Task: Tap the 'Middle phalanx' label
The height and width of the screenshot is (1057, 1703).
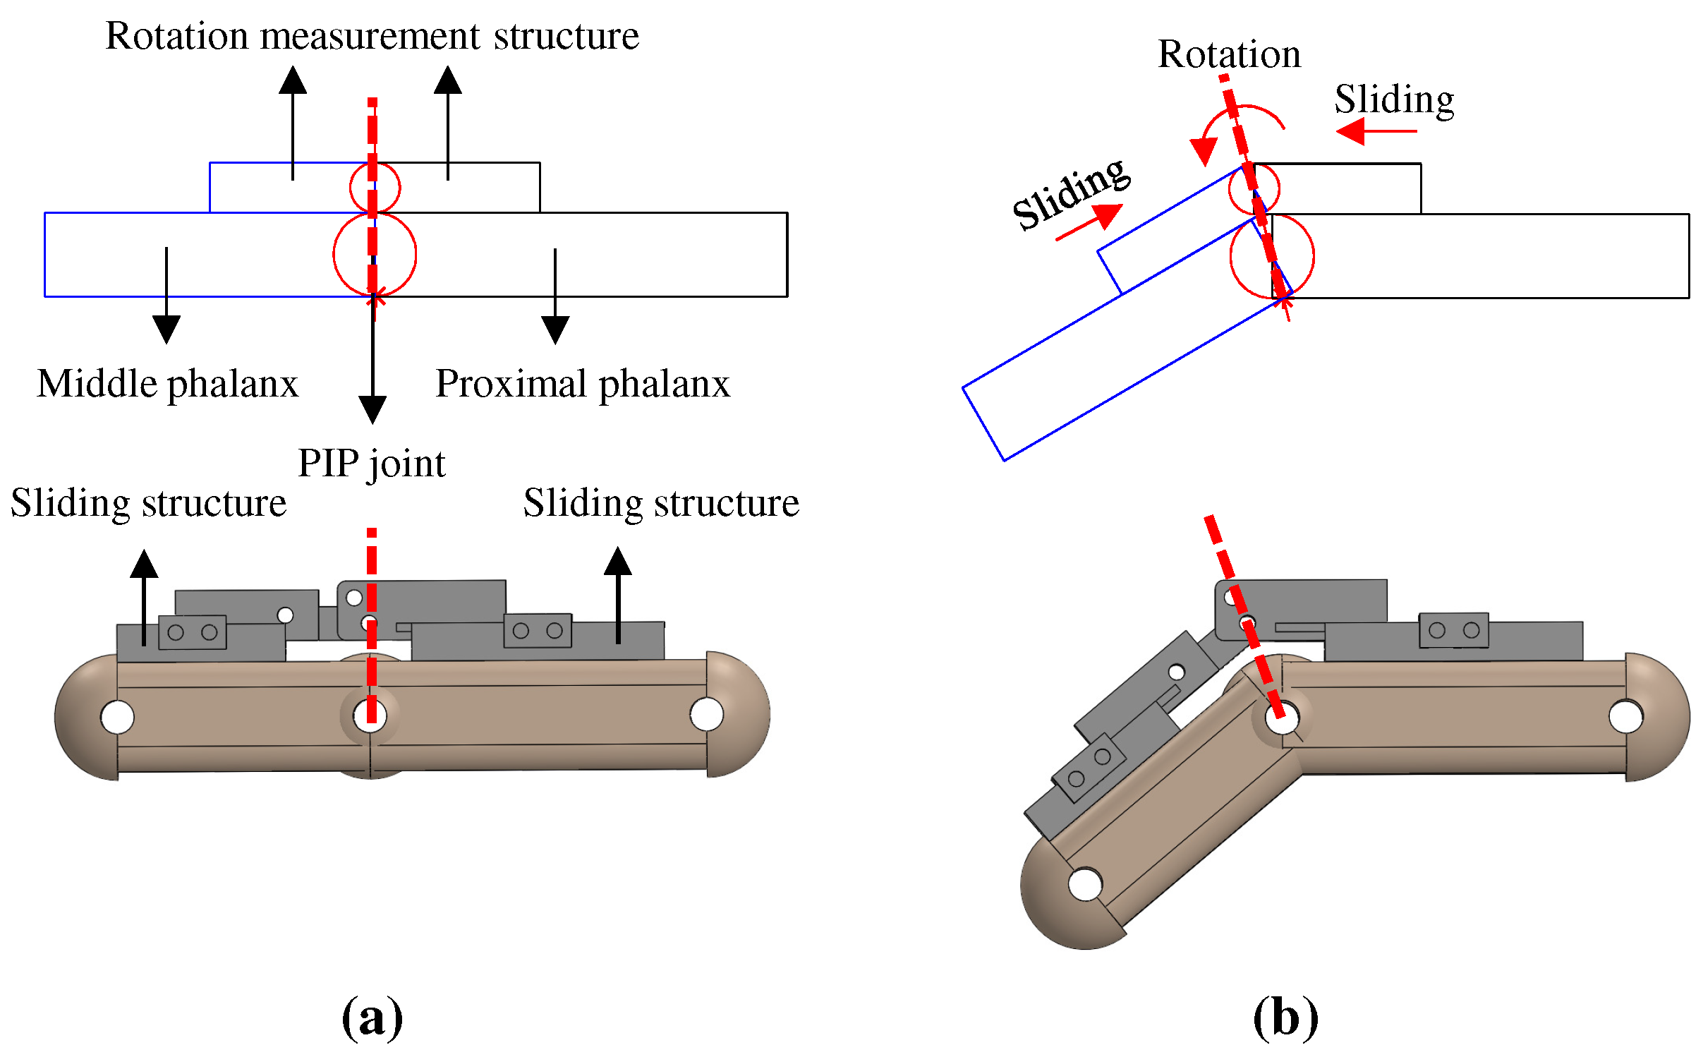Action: tap(167, 384)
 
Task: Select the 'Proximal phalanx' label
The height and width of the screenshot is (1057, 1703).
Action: tap(582, 384)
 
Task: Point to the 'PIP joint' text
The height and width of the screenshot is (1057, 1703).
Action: tap(371, 464)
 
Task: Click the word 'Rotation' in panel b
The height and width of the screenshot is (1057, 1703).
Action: tap(1229, 54)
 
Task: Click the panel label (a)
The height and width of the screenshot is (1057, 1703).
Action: tap(372, 1017)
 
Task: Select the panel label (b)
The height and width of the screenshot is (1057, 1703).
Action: tap(1285, 1017)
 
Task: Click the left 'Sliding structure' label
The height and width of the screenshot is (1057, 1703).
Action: tap(148, 503)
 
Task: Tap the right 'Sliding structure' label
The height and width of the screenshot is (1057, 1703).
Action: tap(661, 503)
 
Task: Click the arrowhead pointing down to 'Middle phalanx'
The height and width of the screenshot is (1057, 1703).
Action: tap(166, 329)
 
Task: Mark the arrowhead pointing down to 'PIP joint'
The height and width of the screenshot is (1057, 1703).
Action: tap(372, 409)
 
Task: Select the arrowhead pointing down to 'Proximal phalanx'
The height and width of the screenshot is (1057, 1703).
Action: tap(555, 329)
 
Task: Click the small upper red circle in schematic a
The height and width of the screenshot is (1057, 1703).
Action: tap(375, 187)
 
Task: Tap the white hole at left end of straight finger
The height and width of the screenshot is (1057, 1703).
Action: tap(117, 717)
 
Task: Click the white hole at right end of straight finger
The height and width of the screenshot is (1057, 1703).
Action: tap(706, 714)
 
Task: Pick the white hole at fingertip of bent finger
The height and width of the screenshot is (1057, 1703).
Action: tap(1085, 883)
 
